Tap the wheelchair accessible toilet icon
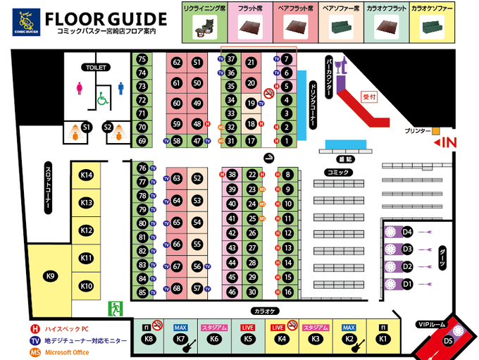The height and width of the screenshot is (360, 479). tap(101, 99)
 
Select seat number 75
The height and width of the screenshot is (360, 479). tap(142, 60)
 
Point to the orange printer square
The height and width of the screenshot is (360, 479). tap(436, 131)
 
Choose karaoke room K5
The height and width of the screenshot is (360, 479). tap(248, 339)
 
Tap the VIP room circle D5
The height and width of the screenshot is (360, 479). tap(448, 341)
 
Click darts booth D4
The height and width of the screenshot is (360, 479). tap(407, 232)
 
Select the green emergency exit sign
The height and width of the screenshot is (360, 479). tap(114, 309)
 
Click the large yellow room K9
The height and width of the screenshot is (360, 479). tap(50, 276)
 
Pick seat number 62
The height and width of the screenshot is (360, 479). tap(178, 63)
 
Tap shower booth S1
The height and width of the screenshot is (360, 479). tap(87, 128)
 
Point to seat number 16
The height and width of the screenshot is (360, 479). tap(287, 292)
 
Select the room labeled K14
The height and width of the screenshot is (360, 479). tap(87, 175)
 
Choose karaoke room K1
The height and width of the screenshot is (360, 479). tap(383, 339)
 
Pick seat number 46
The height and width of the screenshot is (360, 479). tap(232, 292)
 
